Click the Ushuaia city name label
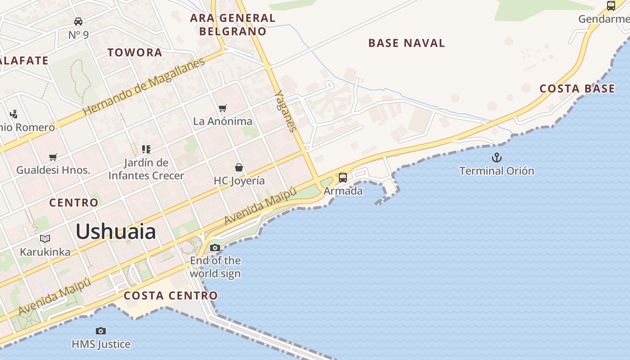pos(116,232)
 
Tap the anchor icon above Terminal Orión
pos(496,157)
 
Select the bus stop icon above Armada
pos(343,177)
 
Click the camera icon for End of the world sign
pos(215,247)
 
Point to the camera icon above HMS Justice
pos(101,331)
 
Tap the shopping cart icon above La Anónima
pos(222,108)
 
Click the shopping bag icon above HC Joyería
pos(239,167)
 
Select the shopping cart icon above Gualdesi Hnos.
pos(53,157)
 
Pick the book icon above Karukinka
pos(45,238)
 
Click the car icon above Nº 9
pos(78,21)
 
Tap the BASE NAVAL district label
pos(406,43)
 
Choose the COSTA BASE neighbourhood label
pos(577,89)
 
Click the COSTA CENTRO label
pos(171,296)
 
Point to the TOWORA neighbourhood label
pos(135,53)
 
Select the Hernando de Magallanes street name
pos(144,86)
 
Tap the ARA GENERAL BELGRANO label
pos(233,25)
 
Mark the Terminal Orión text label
pos(496,171)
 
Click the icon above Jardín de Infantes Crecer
pos(146,149)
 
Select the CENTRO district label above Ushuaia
pos(73,203)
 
